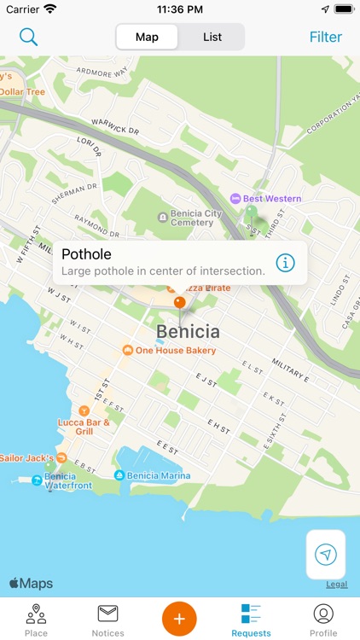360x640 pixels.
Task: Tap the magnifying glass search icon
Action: tap(29, 37)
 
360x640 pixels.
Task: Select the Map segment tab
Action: tap(147, 37)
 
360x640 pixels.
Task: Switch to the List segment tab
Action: tap(212, 37)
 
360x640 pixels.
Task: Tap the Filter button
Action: tap(325, 37)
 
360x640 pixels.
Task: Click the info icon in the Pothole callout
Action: tap(286, 262)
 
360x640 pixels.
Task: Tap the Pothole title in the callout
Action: tap(87, 253)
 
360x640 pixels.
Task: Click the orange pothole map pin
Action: tap(179, 302)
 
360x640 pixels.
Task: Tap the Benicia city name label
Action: tap(188, 331)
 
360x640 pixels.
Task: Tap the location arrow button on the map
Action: tap(326, 555)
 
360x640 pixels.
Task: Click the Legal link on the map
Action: tap(336, 585)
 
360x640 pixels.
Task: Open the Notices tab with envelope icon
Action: tap(107, 620)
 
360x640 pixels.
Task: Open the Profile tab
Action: tap(323, 620)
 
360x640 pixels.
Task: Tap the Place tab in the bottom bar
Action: tap(36, 620)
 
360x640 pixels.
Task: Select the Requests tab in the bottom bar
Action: tap(251, 620)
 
